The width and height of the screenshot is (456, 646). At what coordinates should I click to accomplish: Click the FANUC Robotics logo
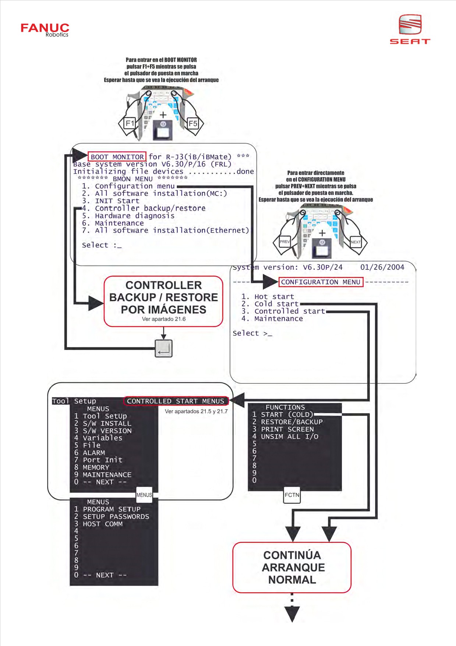[x=45, y=30]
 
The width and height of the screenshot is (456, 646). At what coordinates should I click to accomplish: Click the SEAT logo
[x=410, y=29]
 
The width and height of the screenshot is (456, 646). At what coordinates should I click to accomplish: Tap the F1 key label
[x=130, y=123]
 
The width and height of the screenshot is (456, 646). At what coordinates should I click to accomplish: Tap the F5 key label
[x=193, y=123]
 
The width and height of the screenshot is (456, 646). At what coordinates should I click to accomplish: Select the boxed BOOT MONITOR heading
[x=117, y=157]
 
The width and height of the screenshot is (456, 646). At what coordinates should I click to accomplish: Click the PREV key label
[x=284, y=242]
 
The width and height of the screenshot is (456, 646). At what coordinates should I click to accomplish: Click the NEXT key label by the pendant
[x=356, y=242]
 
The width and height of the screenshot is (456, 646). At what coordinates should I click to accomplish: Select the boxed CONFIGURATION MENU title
[x=321, y=282]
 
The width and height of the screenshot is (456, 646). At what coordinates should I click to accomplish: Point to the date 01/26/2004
[x=382, y=267]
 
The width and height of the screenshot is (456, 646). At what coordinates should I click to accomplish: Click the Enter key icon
[x=163, y=348]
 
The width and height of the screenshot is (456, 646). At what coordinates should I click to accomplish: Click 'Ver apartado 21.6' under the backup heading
[x=164, y=319]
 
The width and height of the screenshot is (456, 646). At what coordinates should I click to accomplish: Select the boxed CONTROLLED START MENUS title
[x=176, y=401]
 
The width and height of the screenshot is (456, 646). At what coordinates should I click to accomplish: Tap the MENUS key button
[x=144, y=495]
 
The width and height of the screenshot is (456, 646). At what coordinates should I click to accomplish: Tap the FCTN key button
[x=292, y=495]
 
